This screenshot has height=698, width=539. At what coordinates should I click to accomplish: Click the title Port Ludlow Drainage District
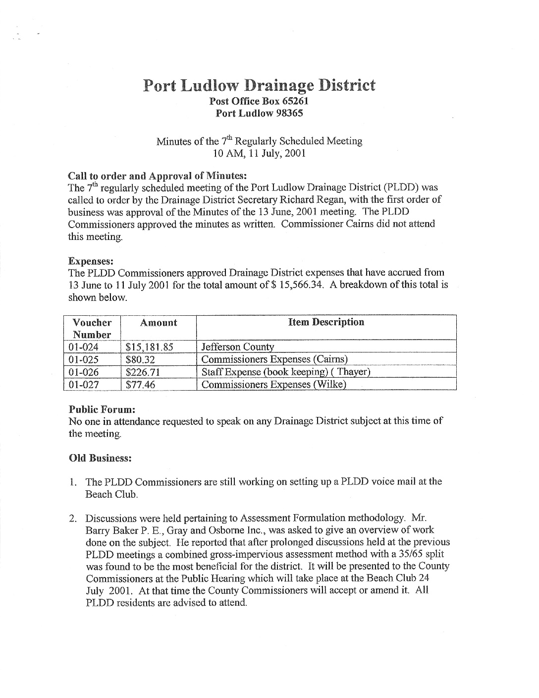point(259,85)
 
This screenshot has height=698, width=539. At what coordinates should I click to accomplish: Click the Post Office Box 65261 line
point(259,101)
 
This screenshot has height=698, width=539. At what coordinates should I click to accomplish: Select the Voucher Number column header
point(92,328)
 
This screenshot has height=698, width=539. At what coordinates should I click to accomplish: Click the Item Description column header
point(326,322)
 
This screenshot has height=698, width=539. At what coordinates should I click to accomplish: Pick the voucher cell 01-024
point(84,347)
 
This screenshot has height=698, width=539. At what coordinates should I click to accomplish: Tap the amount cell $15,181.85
point(150,347)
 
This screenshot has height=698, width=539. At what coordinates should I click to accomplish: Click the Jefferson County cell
point(237,347)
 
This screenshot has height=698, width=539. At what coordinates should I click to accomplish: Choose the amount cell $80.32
point(140,359)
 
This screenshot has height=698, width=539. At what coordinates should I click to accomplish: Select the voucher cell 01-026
point(84,372)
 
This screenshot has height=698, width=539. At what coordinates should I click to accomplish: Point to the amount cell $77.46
point(140,384)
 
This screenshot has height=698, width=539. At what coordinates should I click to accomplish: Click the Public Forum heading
point(102,409)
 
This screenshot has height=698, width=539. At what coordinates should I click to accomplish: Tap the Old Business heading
point(100,458)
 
